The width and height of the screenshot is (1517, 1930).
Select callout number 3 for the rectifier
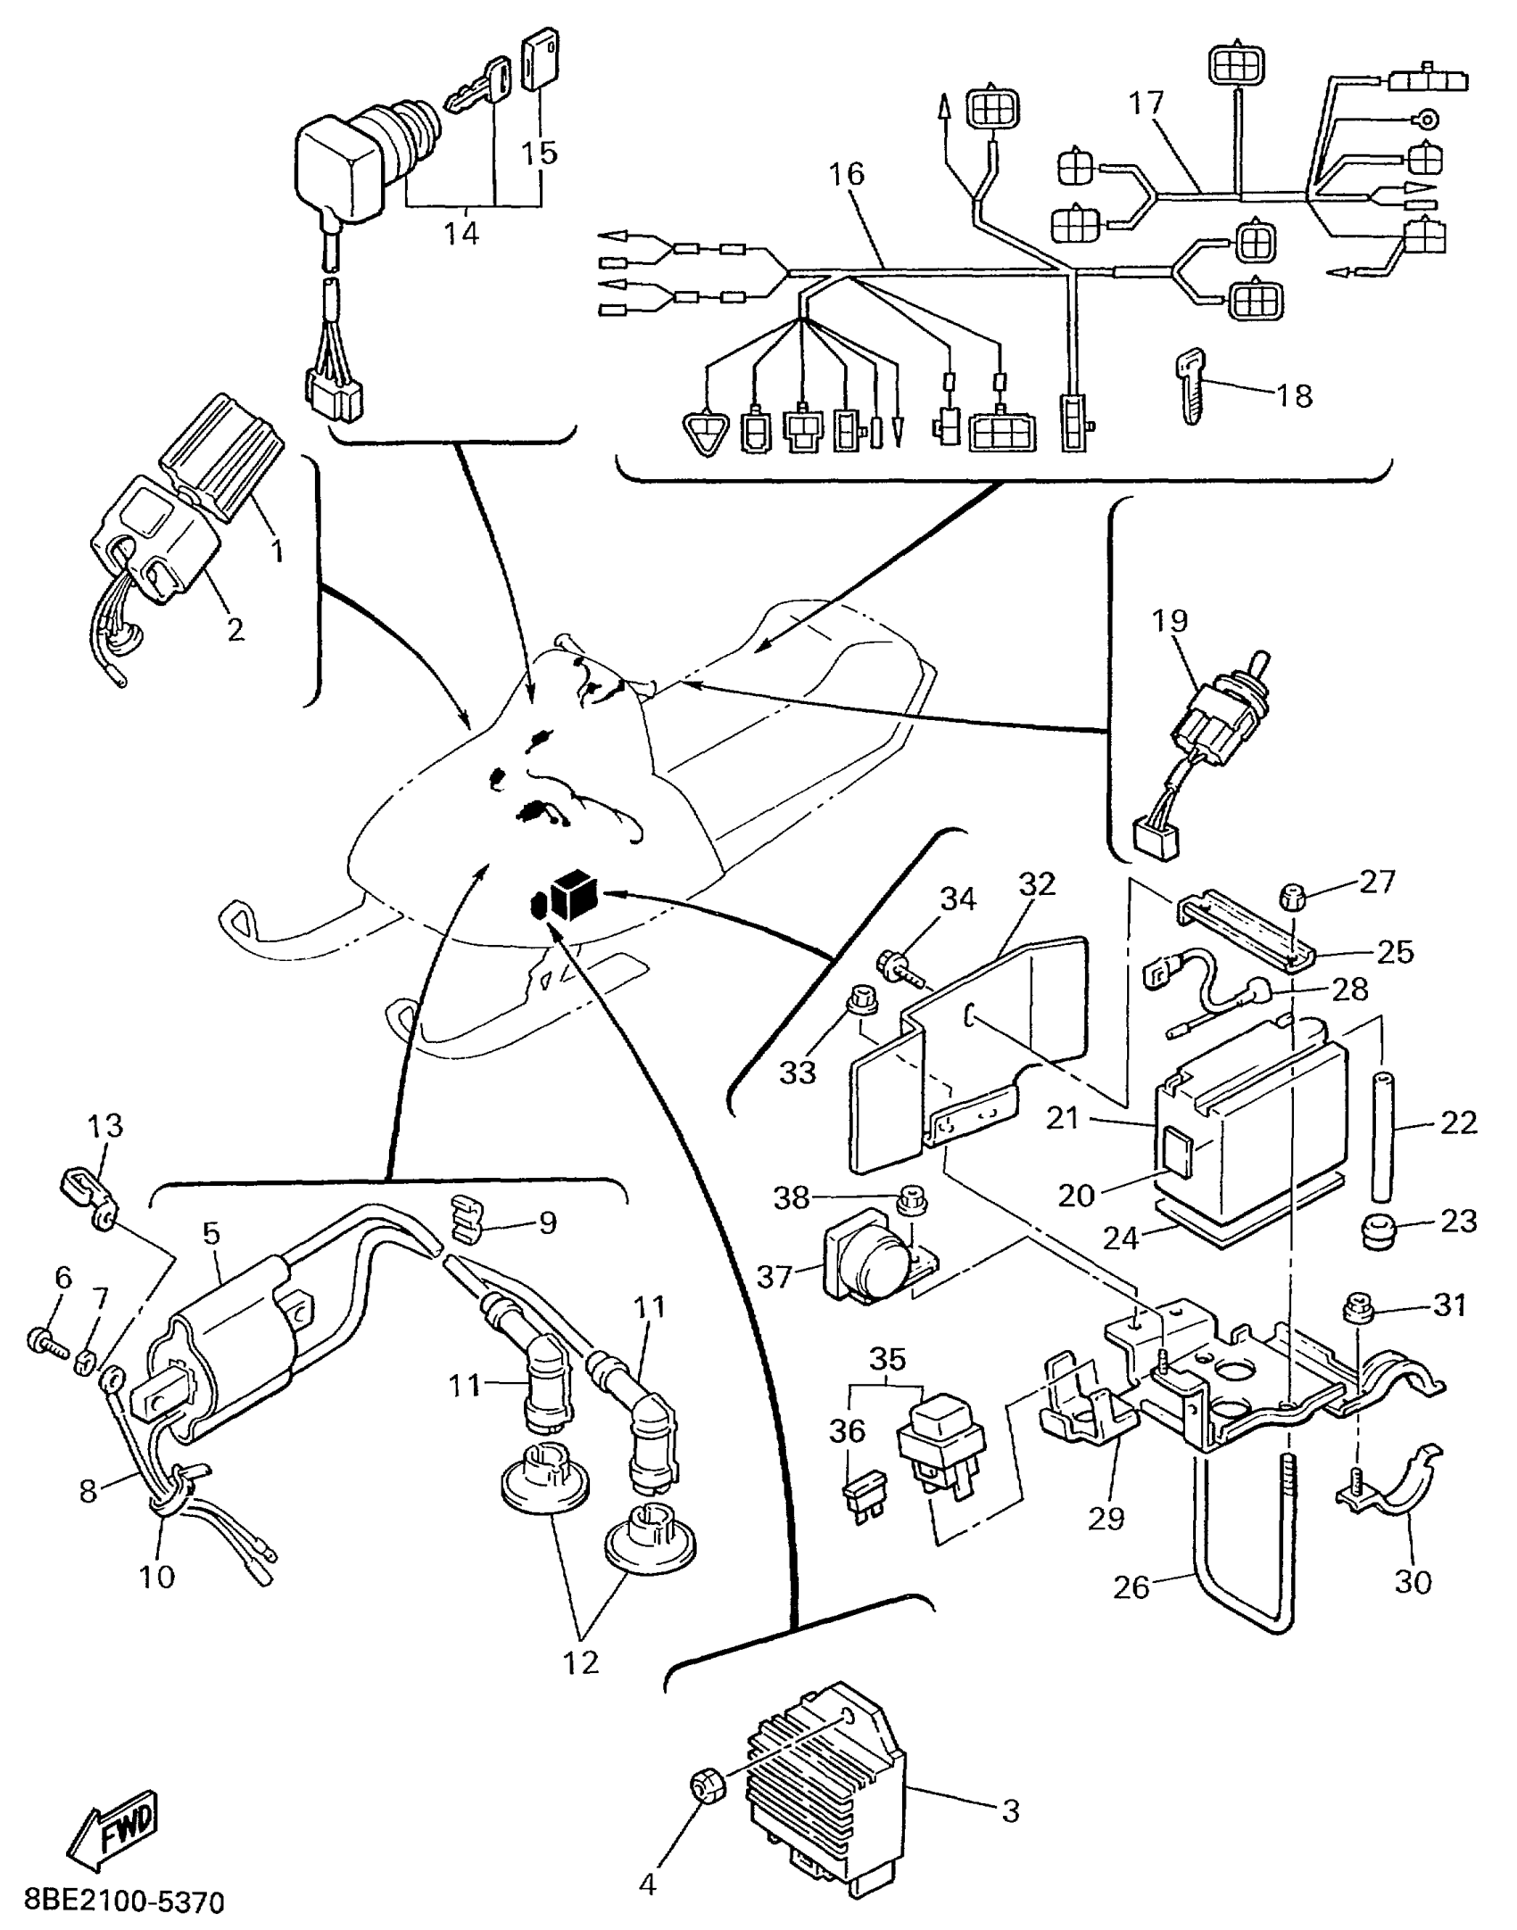click(x=1009, y=1810)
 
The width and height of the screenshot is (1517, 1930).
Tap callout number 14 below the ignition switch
click(x=461, y=234)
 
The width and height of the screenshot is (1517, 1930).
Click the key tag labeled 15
click(x=538, y=60)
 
